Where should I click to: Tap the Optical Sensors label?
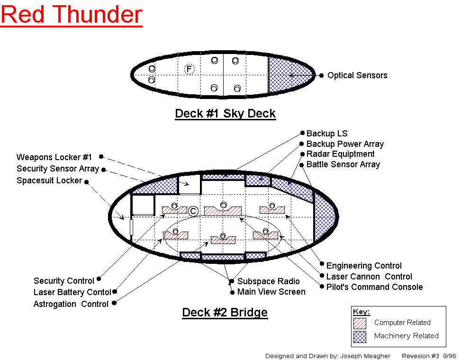pyautogui.click(x=357, y=75)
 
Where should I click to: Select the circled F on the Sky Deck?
pyautogui.click(x=189, y=70)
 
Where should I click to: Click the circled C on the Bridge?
pyautogui.click(x=193, y=211)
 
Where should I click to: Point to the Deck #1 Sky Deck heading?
pyautogui.click(x=225, y=114)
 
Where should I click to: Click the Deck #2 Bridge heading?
pyautogui.click(x=225, y=313)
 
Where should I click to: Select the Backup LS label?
pyautogui.click(x=327, y=134)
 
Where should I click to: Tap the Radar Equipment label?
pyautogui.click(x=340, y=154)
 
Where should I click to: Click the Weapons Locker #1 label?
pyautogui.click(x=54, y=157)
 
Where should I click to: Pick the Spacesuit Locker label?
pyautogui.click(x=49, y=180)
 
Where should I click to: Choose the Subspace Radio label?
pyautogui.click(x=269, y=281)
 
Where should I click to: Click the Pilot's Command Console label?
pyautogui.click(x=374, y=287)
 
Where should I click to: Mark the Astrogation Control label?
pyautogui.click(x=71, y=304)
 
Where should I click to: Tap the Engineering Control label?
pyautogui.click(x=364, y=266)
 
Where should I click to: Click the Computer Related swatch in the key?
pyautogui.click(x=360, y=323)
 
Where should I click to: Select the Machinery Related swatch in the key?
pyautogui.click(x=360, y=336)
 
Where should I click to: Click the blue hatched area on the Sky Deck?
pyautogui.click(x=287, y=74)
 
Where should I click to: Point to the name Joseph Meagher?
pyautogui.click(x=365, y=356)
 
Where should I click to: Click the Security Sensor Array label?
pyautogui.click(x=58, y=169)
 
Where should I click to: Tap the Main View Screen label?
pyautogui.click(x=271, y=292)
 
